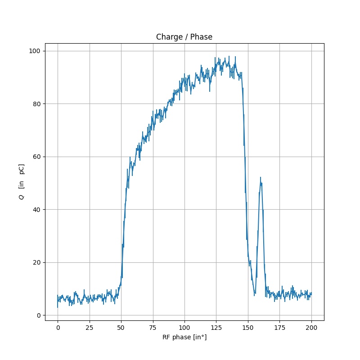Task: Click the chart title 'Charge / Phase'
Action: click(184, 37)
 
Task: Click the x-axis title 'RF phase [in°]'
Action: click(184, 337)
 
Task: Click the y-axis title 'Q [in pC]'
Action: click(21, 182)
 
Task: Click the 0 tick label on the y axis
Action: click(39, 315)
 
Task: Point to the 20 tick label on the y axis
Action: click(37, 262)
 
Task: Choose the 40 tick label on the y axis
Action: click(37, 210)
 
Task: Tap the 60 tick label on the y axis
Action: click(37, 157)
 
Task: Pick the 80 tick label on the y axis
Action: click(37, 104)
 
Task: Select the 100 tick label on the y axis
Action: click(36, 51)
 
